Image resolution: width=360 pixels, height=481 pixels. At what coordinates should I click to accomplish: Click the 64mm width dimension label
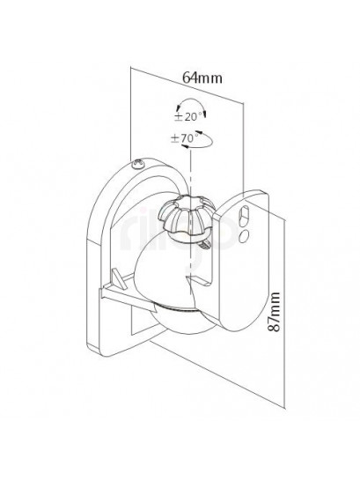pos(202,78)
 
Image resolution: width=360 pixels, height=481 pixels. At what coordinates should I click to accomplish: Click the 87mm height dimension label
pos(274,312)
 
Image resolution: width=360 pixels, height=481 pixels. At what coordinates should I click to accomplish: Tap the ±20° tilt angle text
pos(187,117)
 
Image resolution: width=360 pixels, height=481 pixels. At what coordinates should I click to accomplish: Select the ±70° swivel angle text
pos(185,138)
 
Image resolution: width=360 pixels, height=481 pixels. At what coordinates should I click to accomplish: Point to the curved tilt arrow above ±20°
pos(191,100)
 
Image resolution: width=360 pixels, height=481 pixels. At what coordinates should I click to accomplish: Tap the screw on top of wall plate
pos(137,164)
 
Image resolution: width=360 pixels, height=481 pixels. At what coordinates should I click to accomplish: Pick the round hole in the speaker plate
pos(244,235)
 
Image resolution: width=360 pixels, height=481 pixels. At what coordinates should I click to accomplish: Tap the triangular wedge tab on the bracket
pos(120,278)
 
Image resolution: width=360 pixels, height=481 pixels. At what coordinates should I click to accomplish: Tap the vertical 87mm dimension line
pos(285,310)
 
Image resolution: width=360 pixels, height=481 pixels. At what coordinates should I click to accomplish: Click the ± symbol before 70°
pos(174,139)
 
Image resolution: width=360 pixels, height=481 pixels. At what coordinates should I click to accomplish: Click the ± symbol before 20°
pos(179,117)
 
